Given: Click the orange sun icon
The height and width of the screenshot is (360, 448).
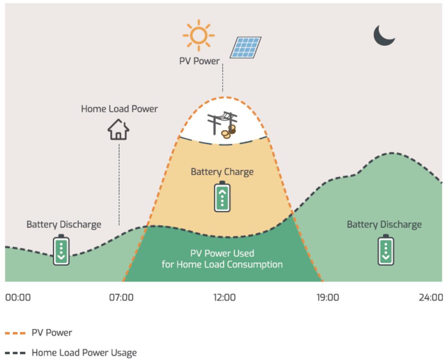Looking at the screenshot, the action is [198, 36].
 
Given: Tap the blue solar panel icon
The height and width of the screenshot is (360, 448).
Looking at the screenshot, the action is [246, 47].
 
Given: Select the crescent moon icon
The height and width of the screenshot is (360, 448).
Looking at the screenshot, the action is [384, 35].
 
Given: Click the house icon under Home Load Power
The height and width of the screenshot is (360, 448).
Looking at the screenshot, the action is [118, 129].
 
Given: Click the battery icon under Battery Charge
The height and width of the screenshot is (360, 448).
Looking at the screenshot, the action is [222, 196].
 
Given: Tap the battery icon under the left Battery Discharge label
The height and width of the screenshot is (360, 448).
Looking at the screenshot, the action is [61, 250].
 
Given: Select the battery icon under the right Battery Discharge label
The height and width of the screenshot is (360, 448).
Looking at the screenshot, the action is [386, 250].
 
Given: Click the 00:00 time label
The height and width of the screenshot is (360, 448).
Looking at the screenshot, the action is [18, 297].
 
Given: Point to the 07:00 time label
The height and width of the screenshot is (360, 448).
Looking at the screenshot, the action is [121, 297].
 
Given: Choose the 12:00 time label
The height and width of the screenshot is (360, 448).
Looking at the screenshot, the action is [224, 297].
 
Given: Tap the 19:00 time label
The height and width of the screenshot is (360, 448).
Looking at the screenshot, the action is [328, 297].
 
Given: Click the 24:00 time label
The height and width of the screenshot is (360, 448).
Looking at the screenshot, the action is [431, 297].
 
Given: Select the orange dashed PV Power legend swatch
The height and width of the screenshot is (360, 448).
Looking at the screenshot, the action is [15, 333].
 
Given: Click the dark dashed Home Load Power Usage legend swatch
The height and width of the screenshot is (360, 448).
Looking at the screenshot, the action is [15, 353].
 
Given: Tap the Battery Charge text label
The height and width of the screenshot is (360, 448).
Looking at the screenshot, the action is [222, 172].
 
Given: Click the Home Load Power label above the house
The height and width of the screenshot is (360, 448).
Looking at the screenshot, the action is [119, 109].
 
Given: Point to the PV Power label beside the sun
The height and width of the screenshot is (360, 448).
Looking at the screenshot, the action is [199, 61].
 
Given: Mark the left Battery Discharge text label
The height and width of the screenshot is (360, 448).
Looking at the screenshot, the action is [64, 225].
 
